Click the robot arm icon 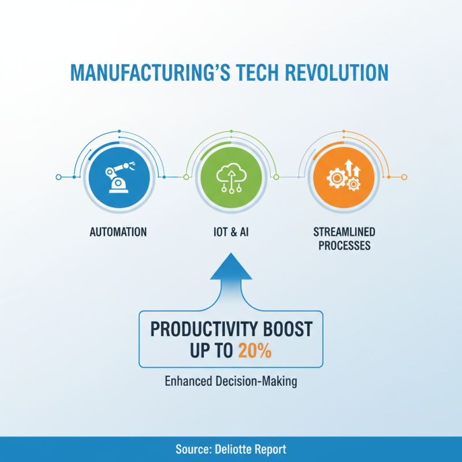tap(118, 176)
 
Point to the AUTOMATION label tap(118, 232)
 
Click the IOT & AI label tap(230, 232)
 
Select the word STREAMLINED tap(344, 232)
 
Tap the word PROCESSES tap(344, 246)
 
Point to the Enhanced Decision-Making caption tap(230, 382)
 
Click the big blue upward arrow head tap(230, 269)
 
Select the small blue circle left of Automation tap(58, 177)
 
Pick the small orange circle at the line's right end tap(404, 177)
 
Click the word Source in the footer tap(191, 449)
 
